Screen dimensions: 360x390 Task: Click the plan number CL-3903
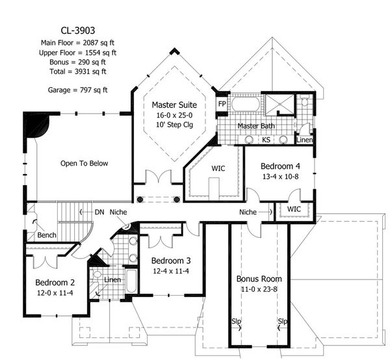[73, 30]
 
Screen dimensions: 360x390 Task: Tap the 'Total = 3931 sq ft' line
[73, 72]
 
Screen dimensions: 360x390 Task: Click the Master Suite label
[174, 105]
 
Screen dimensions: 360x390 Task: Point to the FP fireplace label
[222, 104]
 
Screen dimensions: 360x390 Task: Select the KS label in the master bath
[266, 140]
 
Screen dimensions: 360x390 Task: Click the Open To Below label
[84, 163]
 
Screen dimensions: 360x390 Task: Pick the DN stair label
[99, 212]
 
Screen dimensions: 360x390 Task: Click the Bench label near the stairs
[46, 235]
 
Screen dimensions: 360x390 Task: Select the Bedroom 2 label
[55, 283]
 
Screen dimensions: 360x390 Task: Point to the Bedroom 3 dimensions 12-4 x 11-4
[170, 271]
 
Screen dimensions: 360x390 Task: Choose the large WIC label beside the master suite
[218, 168]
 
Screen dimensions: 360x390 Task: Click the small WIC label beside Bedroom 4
[294, 209]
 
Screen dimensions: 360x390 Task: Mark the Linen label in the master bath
[304, 140]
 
